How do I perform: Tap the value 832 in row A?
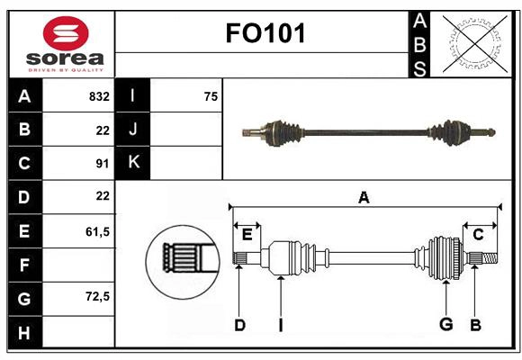coord(99,96)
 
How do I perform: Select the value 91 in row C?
coord(102,164)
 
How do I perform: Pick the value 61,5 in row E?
coord(97,231)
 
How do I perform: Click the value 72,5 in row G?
coord(97,296)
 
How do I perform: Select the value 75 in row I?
coord(211,96)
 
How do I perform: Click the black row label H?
coord(23,333)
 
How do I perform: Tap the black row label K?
coord(133,163)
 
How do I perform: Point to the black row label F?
coord(23,265)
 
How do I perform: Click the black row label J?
coord(133,130)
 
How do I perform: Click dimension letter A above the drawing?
coord(364,197)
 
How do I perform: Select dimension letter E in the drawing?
coord(247,235)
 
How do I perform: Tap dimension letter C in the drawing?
coord(478,234)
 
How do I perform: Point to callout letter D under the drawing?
coord(239,325)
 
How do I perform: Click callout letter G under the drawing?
coord(445,325)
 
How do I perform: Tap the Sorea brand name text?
coord(66,58)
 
